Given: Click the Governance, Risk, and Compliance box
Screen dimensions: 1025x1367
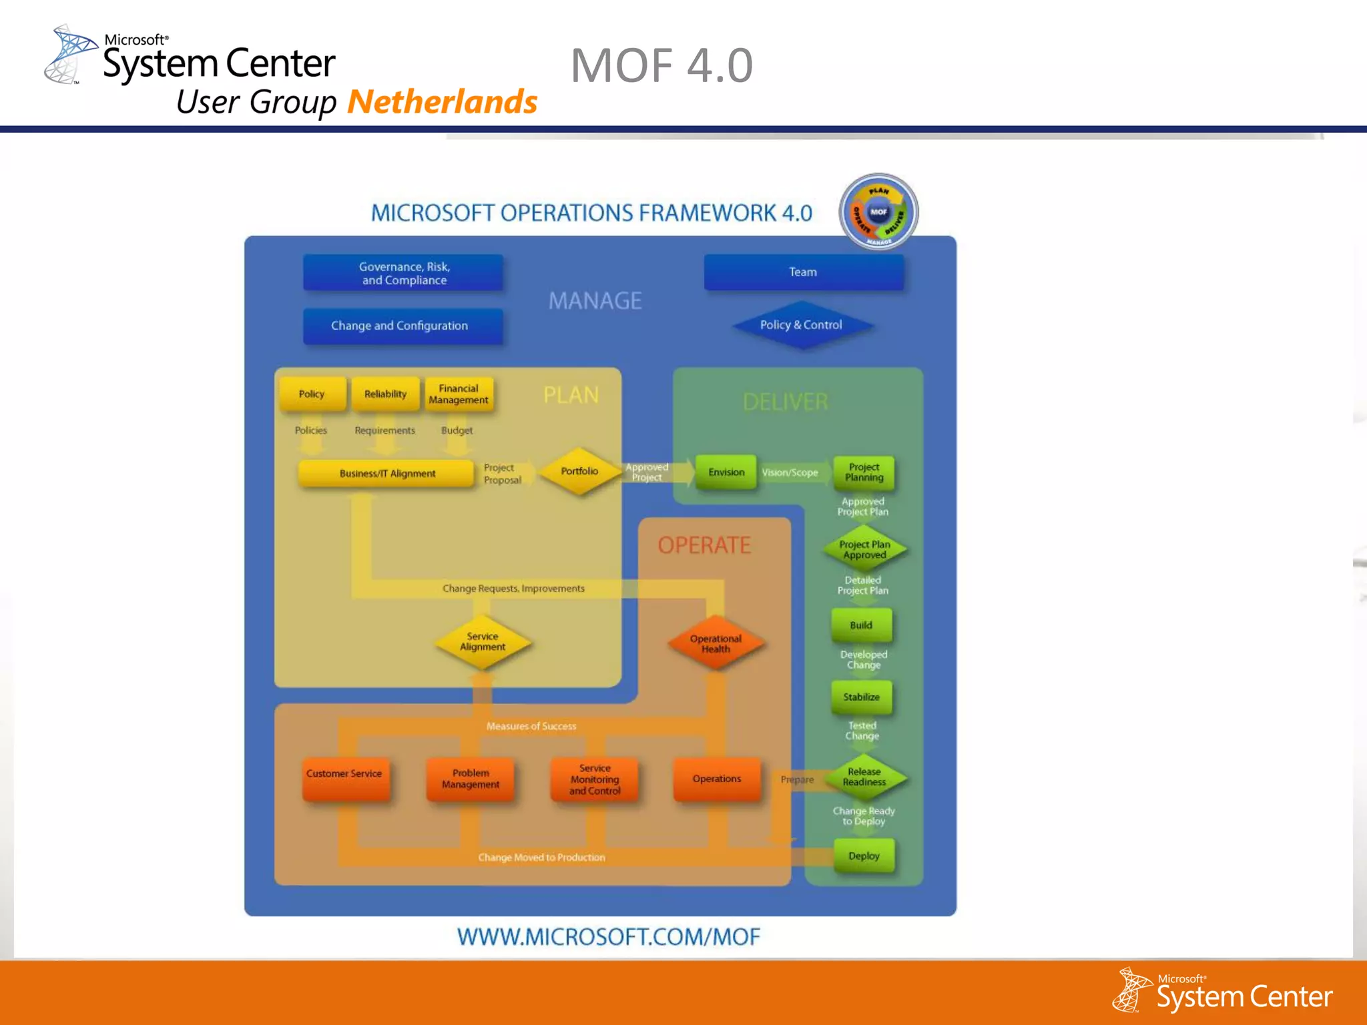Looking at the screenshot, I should click(x=403, y=273).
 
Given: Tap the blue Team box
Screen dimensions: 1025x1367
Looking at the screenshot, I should click(x=803, y=272).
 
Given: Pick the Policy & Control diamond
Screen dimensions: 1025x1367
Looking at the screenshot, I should click(x=802, y=325).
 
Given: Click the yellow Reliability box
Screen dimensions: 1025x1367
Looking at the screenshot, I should click(x=385, y=394).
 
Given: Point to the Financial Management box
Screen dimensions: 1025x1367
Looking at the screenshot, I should click(x=459, y=394).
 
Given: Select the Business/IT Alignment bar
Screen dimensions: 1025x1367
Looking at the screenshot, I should click(x=386, y=473).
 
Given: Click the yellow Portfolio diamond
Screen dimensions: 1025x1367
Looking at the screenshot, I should click(x=579, y=471).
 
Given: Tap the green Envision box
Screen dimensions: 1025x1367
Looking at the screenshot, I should click(x=726, y=472).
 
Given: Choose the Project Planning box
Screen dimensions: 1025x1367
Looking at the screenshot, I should click(x=864, y=472).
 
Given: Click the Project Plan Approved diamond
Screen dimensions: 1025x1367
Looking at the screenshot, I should click(x=864, y=549).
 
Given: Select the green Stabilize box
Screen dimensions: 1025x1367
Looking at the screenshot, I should click(x=861, y=697).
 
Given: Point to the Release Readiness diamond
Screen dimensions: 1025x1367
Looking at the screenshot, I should click(x=864, y=777).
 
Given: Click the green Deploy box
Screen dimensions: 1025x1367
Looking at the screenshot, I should click(x=864, y=856).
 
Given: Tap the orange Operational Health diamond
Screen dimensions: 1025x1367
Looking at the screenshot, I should click(x=716, y=643).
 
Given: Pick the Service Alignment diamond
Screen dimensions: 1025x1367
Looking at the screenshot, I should click(x=483, y=642).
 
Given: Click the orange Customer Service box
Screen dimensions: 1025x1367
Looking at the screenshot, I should click(x=344, y=777).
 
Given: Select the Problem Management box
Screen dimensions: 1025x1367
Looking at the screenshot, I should click(x=471, y=778).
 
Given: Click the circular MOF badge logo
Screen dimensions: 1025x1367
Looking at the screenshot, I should click(x=878, y=212).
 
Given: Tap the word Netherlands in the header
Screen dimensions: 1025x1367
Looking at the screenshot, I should click(x=442, y=102).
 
